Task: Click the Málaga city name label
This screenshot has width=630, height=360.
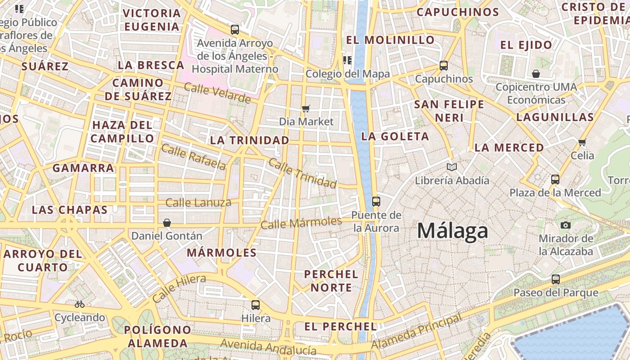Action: click(x=452, y=231)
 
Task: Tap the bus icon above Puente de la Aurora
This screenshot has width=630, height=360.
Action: click(x=376, y=201)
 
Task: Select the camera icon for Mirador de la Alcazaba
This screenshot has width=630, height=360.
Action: click(x=566, y=225)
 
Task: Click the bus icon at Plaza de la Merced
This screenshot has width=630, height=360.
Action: click(x=555, y=179)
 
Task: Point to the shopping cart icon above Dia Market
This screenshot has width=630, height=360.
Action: click(x=306, y=108)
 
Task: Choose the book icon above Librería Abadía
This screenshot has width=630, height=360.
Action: click(x=452, y=167)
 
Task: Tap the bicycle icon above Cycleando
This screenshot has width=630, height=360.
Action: click(x=80, y=304)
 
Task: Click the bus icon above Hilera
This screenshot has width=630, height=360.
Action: click(x=256, y=305)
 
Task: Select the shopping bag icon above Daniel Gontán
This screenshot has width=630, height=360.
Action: click(x=167, y=222)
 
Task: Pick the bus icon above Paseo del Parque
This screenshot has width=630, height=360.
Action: click(x=556, y=279)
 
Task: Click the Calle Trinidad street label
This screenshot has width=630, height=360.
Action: click(x=302, y=173)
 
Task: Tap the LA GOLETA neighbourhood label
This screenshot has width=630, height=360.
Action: click(x=395, y=136)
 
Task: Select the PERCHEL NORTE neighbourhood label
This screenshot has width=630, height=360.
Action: click(x=331, y=281)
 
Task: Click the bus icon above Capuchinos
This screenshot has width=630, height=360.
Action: click(x=444, y=66)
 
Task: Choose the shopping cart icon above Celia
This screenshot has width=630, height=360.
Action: click(x=582, y=142)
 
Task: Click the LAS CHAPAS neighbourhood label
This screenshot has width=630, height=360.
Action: click(x=70, y=210)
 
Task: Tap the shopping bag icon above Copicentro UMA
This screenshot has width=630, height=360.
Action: click(x=536, y=73)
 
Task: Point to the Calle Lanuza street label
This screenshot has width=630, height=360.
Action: click(x=198, y=203)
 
